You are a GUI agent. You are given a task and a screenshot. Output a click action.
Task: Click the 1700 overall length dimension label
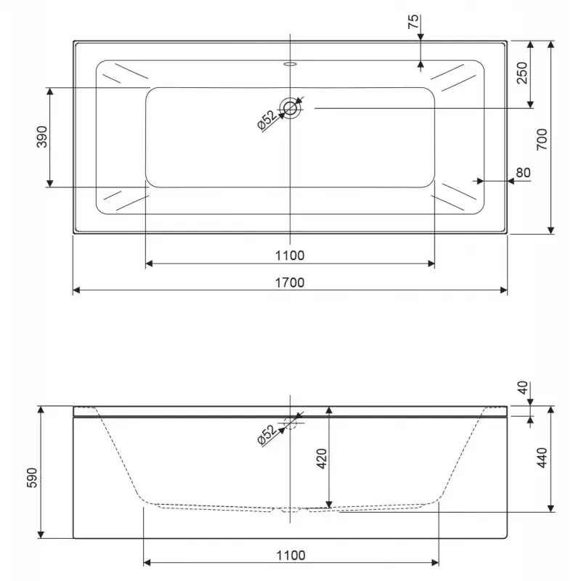click(x=290, y=283)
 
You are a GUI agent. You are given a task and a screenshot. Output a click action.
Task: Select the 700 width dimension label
click(x=542, y=139)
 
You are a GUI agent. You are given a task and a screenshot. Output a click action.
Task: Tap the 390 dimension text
click(x=42, y=137)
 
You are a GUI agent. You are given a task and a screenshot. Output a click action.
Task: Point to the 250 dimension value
click(x=522, y=73)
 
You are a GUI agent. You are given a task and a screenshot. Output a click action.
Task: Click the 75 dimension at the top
click(x=413, y=22)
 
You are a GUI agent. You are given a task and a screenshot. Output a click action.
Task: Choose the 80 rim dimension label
click(x=523, y=173)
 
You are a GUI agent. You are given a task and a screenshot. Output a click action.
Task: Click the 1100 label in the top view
click(x=290, y=256)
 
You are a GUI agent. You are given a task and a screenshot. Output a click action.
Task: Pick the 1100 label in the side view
click(x=291, y=556)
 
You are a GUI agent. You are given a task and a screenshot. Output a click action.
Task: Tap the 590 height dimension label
click(x=32, y=478)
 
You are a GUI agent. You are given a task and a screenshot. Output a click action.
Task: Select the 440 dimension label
click(x=542, y=458)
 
